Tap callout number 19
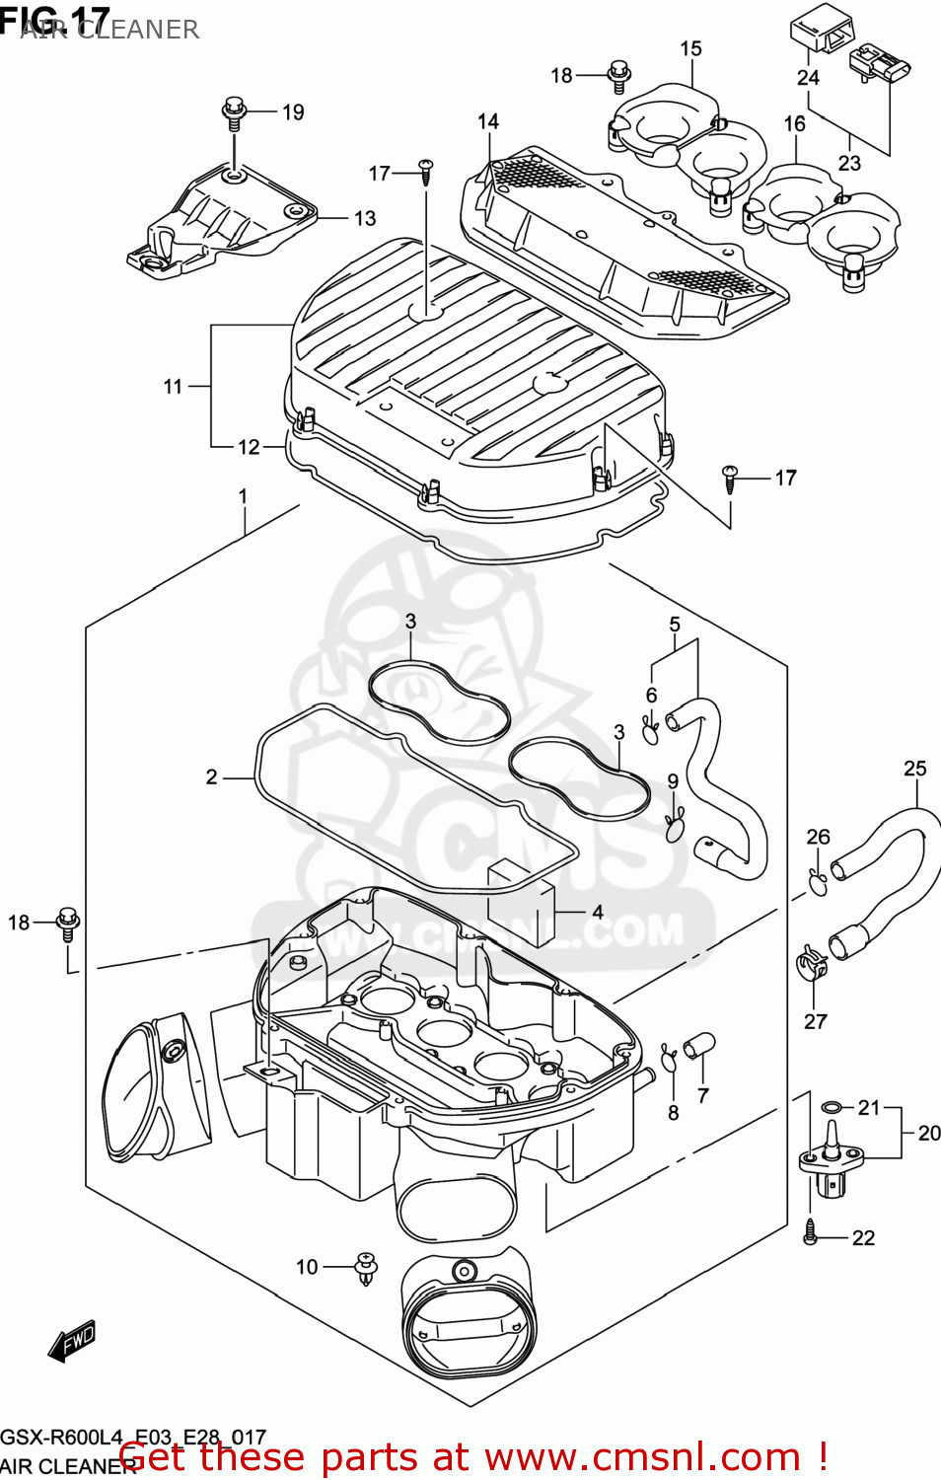(293, 112)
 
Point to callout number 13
(365, 218)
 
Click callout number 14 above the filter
(488, 121)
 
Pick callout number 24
(808, 77)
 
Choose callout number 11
(174, 387)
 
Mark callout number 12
(249, 447)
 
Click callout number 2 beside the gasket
(211, 777)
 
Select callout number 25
(914, 768)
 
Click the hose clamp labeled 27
(811, 963)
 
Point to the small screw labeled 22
(811, 1230)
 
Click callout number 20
(928, 1133)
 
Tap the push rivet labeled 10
(367, 1269)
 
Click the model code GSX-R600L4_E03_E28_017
(133, 1437)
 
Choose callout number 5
(675, 625)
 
